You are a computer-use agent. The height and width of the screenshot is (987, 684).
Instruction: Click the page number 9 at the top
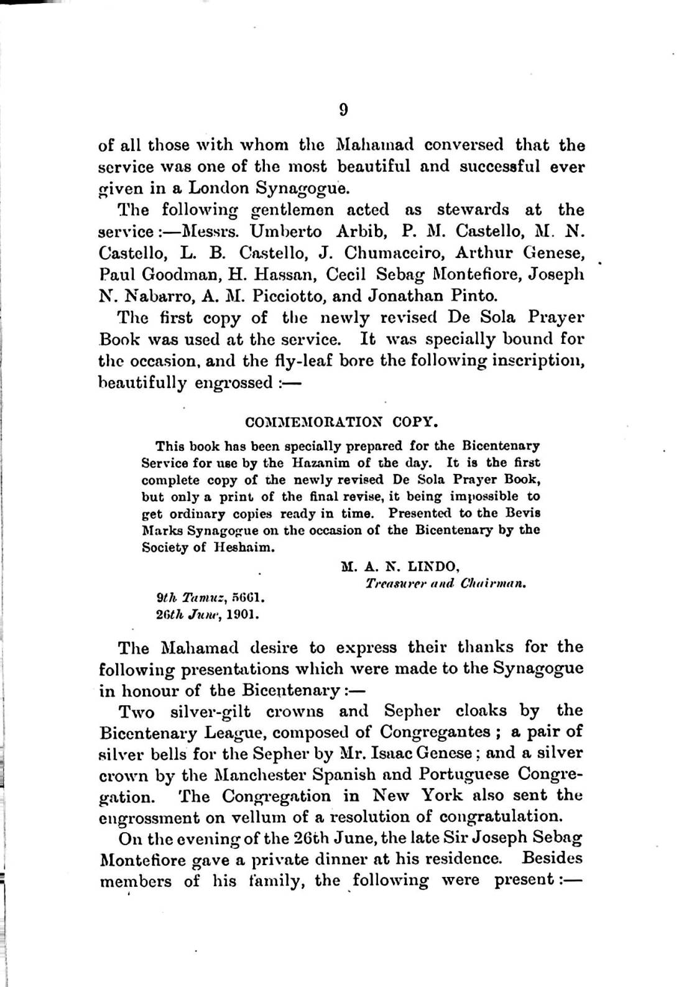343,110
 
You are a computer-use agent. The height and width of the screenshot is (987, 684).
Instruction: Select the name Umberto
286,231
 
